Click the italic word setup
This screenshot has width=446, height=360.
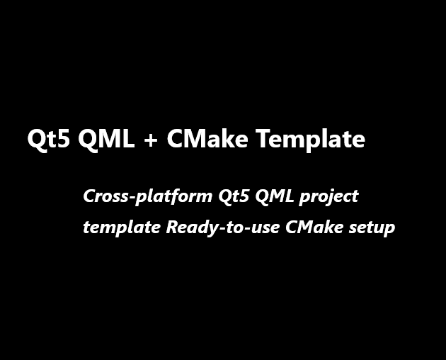pyautogui.click(x=369, y=229)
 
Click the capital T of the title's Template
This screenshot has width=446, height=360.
pyautogui.click(x=262, y=139)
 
